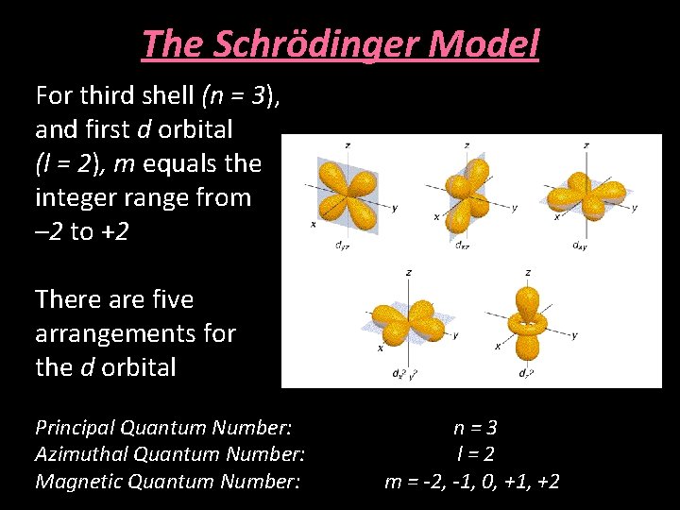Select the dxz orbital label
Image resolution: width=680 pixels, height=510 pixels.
pos(461,246)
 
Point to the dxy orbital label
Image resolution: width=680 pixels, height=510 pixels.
pos(580,246)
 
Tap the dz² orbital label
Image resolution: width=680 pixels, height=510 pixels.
pos(526,373)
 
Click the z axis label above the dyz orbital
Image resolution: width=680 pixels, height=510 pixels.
pos(348,145)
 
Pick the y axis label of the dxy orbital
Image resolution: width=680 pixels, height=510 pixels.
pos(635,208)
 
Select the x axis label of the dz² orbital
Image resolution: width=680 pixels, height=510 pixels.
pos(497,347)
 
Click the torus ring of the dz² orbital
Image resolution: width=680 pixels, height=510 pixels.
pos(527,325)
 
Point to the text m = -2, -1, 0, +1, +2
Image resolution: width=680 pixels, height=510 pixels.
pos(471,482)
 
